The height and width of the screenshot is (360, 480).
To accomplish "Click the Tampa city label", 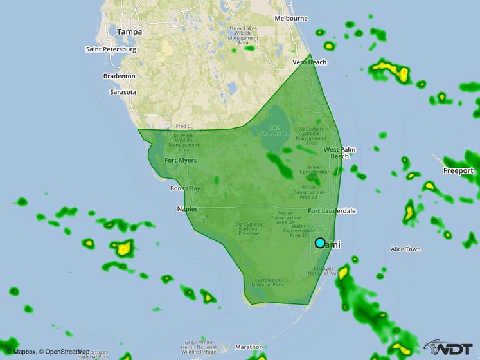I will (x=129, y=31).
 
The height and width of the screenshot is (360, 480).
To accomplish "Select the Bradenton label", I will (x=119, y=76).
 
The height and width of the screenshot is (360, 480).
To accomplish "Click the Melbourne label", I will (x=291, y=19).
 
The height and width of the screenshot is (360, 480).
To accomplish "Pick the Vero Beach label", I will (x=310, y=62).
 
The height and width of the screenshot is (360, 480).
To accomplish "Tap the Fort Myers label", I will (x=181, y=160).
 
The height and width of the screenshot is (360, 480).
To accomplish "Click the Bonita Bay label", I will (x=185, y=188).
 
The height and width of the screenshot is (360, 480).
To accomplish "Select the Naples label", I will (x=188, y=209).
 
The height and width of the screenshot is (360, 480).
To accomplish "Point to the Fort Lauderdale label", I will (x=332, y=211).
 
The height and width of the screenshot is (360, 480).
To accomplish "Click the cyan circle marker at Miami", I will (x=320, y=242).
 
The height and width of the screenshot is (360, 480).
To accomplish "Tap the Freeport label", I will (x=458, y=170).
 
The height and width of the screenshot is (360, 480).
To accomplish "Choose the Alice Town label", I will (x=405, y=249).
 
